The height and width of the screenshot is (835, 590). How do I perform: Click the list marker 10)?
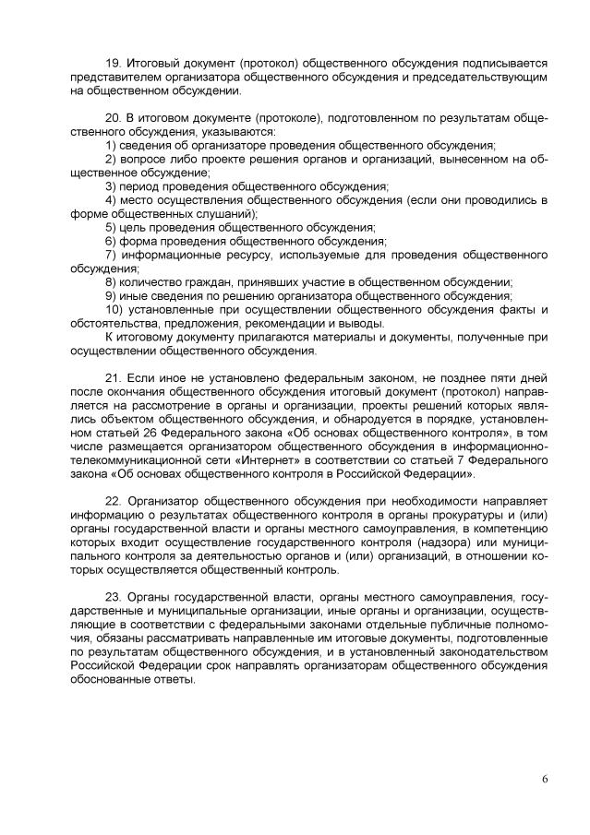click(x=114, y=310)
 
